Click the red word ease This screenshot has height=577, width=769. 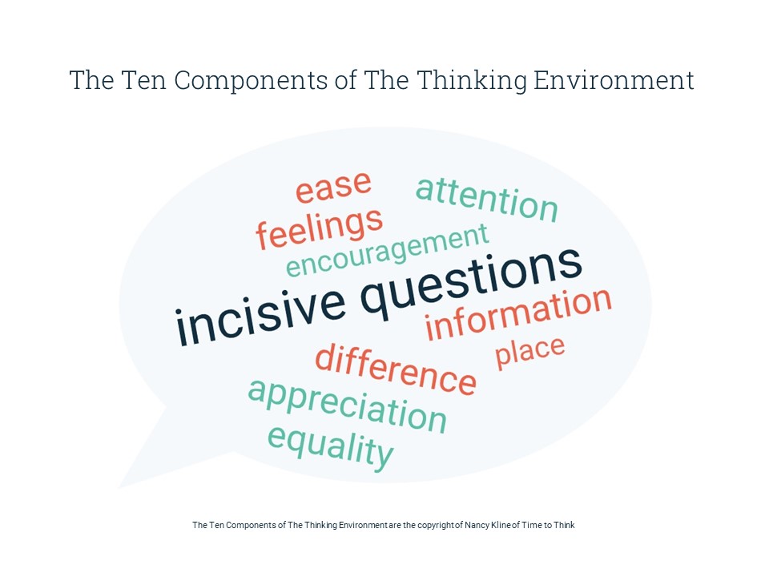(333, 187)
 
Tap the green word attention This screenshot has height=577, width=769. (486, 200)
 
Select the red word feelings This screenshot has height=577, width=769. (320, 228)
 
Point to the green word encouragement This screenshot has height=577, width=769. (388, 250)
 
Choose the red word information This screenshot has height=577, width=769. (518, 314)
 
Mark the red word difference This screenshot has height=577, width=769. (395, 369)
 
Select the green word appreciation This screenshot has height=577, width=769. (347, 406)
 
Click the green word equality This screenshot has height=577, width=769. (331, 447)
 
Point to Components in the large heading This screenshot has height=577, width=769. (251, 80)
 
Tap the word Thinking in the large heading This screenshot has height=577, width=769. (472, 81)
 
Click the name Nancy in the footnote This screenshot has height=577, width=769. (477, 525)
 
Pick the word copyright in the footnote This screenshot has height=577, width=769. (433, 526)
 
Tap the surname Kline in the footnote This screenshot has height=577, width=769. (501, 525)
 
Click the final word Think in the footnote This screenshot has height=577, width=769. (564, 525)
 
